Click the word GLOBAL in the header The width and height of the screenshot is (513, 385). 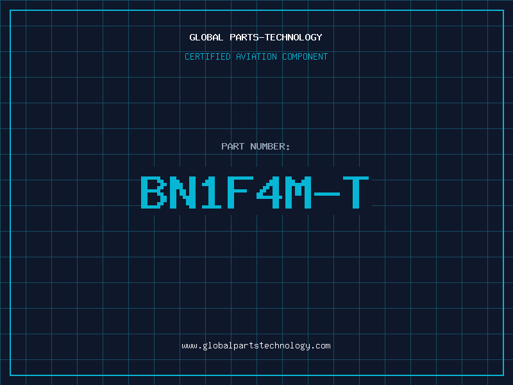pos(206,37)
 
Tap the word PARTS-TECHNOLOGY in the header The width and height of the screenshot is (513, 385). pos(276,37)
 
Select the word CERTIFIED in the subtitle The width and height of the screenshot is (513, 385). pos(208,56)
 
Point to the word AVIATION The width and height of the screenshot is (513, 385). pos(256,56)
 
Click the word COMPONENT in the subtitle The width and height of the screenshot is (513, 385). pos(305,56)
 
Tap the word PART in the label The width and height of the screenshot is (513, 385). pos(233,146)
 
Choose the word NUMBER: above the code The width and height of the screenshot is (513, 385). pos(270,146)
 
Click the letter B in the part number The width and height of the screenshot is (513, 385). pos(153,192)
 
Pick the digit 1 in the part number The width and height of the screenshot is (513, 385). pos(211,192)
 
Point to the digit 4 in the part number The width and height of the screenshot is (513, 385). pos(269,192)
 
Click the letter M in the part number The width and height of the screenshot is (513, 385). pos(298,192)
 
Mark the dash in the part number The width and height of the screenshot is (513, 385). pos(327,194)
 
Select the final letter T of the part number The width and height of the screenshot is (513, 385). pos(356,192)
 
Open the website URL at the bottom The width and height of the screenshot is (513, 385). pos(256,346)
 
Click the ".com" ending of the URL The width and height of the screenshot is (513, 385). pos(321,346)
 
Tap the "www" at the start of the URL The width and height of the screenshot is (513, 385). pos(189,346)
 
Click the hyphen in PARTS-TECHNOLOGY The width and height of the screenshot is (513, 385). pos(262,38)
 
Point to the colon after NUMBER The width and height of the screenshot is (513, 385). pos(288,148)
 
